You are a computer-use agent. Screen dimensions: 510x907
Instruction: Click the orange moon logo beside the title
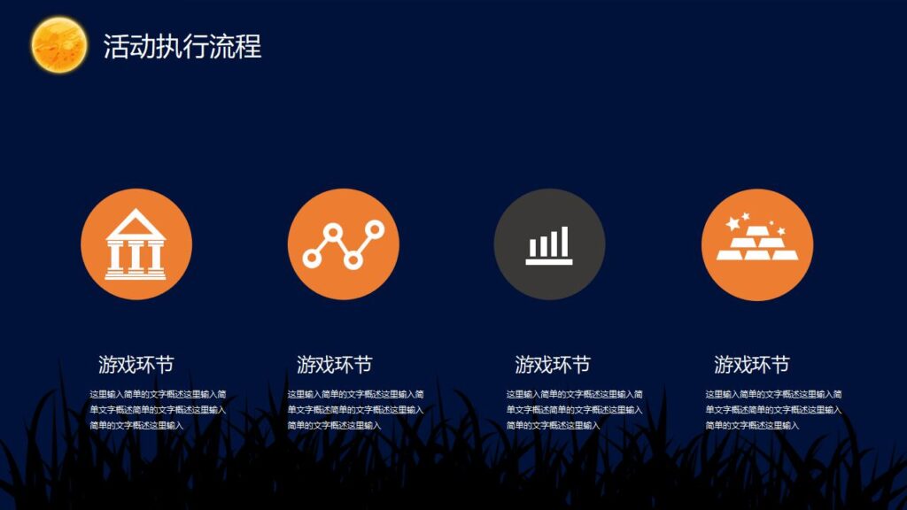[58, 45]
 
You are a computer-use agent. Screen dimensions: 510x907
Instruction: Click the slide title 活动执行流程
[182, 46]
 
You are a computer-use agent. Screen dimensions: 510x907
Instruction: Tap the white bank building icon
[136, 245]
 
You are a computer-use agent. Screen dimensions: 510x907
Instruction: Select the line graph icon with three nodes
[344, 244]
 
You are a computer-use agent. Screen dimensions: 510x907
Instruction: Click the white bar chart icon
[549, 245]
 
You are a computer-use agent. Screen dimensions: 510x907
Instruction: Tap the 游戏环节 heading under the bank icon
[136, 364]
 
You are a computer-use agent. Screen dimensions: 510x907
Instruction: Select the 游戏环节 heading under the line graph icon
[334, 364]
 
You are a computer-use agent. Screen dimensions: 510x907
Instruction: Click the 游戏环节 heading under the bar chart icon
[553, 364]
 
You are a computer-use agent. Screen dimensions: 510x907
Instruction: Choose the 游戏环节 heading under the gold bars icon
[751, 364]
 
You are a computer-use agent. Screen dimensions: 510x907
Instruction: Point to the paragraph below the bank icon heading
[158, 409]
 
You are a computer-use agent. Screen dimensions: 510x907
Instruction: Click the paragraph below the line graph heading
[355, 409]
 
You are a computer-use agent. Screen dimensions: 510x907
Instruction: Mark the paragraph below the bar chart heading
[574, 409]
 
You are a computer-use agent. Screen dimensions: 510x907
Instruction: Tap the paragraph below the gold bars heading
[773, 409]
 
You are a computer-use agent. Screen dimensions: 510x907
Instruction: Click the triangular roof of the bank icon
[136, 222]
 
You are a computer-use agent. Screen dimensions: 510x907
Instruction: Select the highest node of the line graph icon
[375, 230]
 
